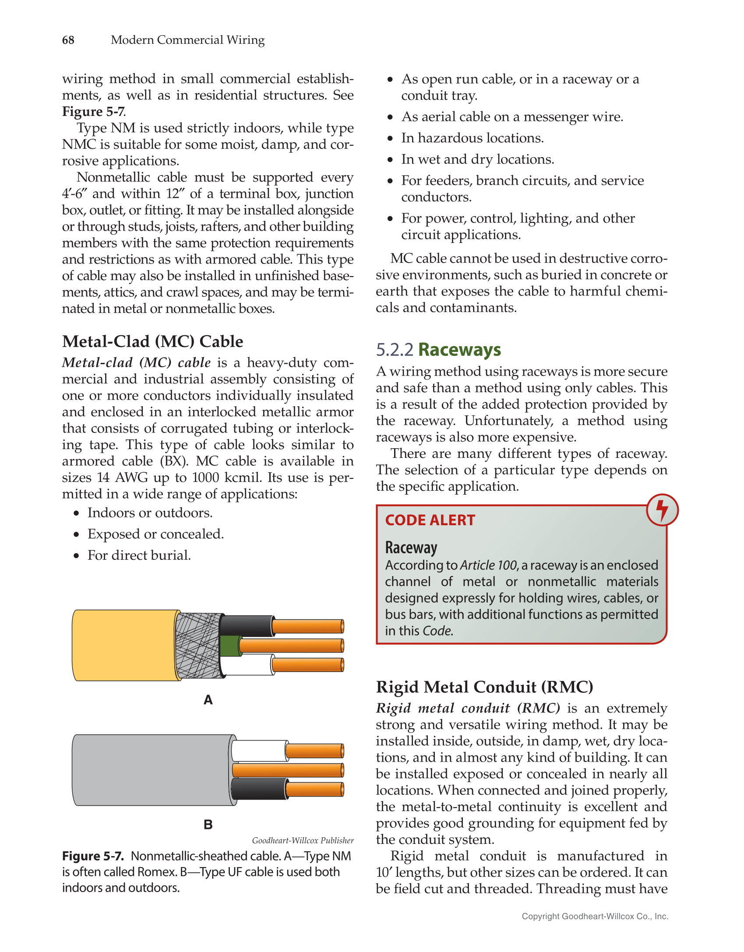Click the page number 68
[x=68, y=40]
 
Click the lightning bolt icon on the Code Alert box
[x=662, y=510]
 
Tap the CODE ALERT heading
[x=430, y=520]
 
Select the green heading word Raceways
[x=459, y=350]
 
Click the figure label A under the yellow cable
[x=208, y=700]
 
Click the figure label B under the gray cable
[x=208, y=825]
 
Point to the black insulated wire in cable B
[x=258, y=789]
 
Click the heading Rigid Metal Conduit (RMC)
[x=484, y=687]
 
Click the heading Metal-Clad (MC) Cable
[x=152, y=341]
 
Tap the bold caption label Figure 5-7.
[x=93, y=856]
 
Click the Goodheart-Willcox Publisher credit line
[x=303, y=840]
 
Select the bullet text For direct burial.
[x=139, y=555]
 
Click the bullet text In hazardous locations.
[x=472, y=138]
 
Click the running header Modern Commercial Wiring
[x=187, y=40]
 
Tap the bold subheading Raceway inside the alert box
[x=411, y=548]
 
